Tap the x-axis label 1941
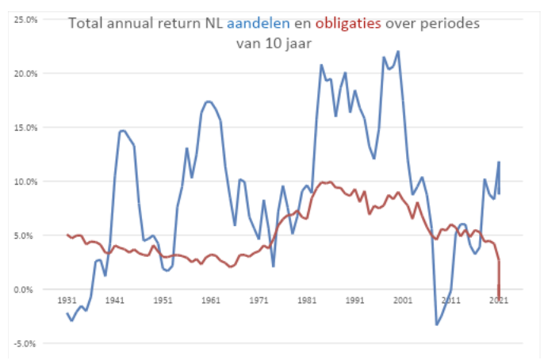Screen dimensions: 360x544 tap(115, 301)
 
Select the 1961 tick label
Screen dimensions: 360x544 tap(211, 301)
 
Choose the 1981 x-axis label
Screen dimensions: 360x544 tap(307, 301)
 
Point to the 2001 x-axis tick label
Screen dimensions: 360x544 tap(403, 301)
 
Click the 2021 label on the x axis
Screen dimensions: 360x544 tap(498, 301)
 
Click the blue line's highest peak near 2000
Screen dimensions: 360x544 tap(398, 52)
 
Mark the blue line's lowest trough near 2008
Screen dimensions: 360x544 tap(436, 324)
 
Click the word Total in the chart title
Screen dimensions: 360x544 tap(86, 24)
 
